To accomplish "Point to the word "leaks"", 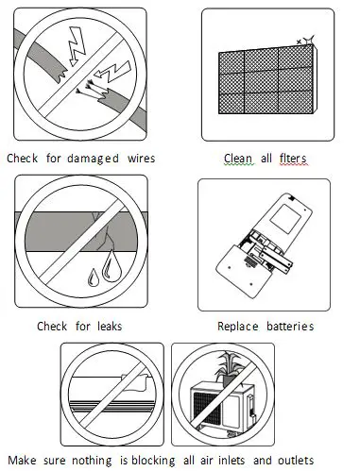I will (x=106, y=327).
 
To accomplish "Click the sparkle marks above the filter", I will (x=304, y=38).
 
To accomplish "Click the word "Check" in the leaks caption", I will (x=56, y=327).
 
